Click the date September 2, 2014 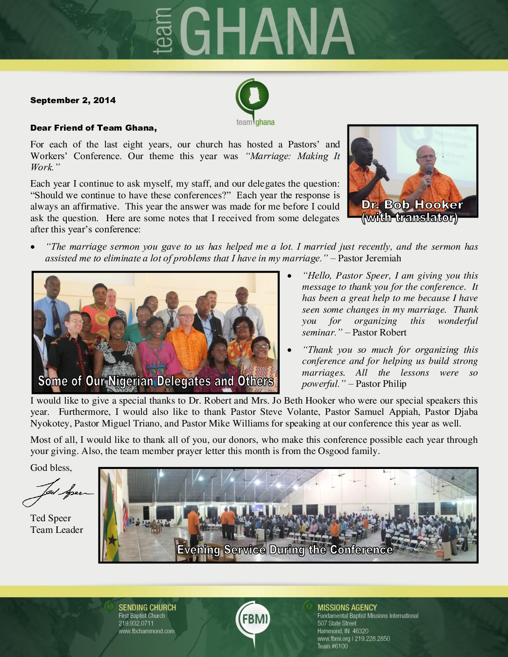pos(73,100)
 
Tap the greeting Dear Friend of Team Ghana pos(93,128)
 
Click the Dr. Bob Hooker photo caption pos(412,211)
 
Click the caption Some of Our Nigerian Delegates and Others pos(155,381)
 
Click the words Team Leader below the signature pos(56,530)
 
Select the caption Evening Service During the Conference pos(285,550)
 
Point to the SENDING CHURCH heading pos(147,608)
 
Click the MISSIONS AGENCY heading pos(347,608)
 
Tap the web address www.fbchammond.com pos(146,631)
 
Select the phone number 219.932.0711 pos(136,623)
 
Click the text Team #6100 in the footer pos(332,646)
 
